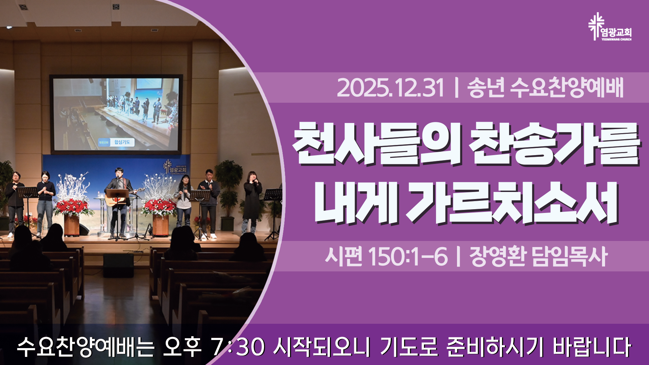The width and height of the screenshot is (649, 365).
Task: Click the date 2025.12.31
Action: click(390, 88)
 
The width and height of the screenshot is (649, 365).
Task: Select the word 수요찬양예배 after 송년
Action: click(567, 88)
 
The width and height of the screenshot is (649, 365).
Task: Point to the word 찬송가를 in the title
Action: click(555, 144)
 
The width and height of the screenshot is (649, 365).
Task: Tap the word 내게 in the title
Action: click(355, 203)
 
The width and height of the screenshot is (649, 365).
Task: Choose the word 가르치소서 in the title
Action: click(512, 203)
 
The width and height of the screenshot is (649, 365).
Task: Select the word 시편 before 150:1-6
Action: click(343, 256)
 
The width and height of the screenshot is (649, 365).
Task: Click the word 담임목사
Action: click(570, 256)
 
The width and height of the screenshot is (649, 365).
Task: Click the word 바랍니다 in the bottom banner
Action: click(592, 347)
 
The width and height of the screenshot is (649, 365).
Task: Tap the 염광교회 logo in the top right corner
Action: click(610, 27)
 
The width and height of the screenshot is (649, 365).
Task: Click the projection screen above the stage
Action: click(116, 114)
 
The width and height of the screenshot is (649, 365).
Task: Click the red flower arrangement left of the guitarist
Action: click(72, 207)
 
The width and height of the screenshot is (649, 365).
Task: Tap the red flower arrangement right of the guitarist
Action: click(159, 207)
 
